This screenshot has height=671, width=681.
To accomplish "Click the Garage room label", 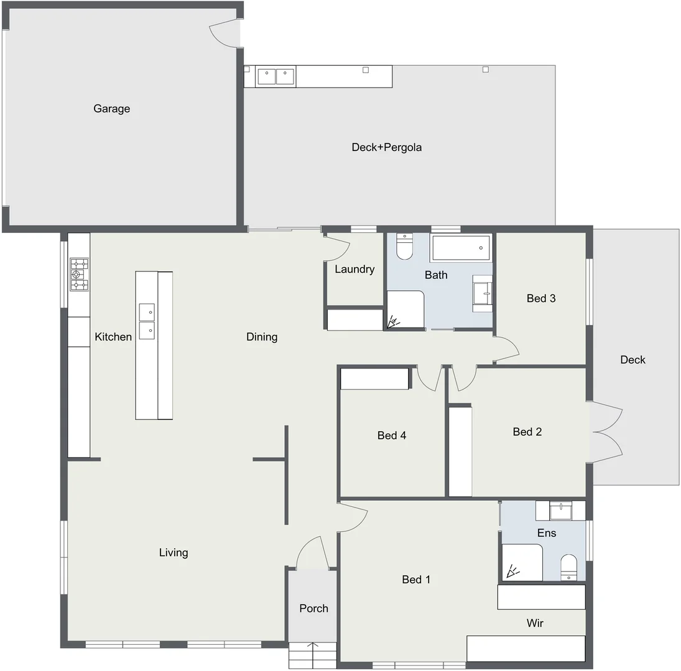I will pyautogui.click(x=112, y=109).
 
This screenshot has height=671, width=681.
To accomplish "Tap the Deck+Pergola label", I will pyautogui.click(x=387, y=147).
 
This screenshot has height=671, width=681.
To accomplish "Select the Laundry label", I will pyautogui.click(x=354, y=269).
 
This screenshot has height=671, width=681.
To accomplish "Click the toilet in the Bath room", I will pyautogui.click(x=404, y=246).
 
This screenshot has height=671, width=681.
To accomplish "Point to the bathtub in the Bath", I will pyautogui.click(x=461, y=248).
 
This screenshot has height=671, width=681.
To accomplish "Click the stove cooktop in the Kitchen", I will pyautogui.click(x=79, y=275).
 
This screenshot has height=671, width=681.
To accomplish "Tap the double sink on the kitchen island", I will pyautogui.click(x=147, y=321).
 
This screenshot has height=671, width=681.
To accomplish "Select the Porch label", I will pyautogui.click(x=313, y=608).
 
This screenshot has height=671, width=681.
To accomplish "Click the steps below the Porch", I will pyautogui.click(x=313, y=655).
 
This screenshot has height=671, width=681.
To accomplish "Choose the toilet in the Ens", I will pyautogui.click(x=569, y=567).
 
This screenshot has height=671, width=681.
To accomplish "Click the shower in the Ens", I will pyautogui.click(x=521, y=563).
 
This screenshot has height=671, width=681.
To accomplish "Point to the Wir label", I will pyautogui.click(x=535, y=623).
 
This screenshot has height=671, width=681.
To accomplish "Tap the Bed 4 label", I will pyautogui.click(x=392, y=436).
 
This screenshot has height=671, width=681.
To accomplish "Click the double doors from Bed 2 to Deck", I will pyautogui.click(x=606, y=431).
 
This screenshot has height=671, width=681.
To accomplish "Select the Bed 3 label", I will pyautogui.click(x=541, y=298).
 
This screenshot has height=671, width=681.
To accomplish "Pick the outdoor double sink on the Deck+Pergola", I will pyautogui.click(x=276, y=76).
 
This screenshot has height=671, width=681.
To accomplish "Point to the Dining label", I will pyautogui.click(x=262, y=337).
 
